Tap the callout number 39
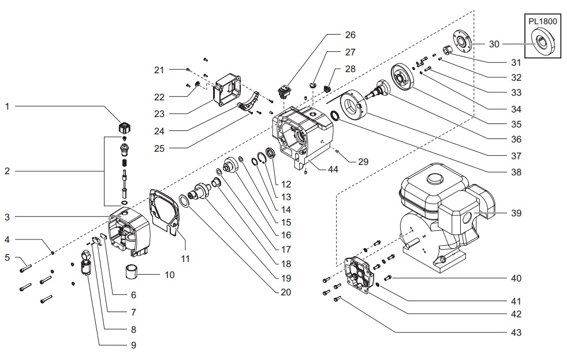coord(516,213)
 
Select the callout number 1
coord(6,107)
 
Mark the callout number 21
coord(159,70)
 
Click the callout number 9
coord(133,345)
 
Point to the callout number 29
coord(362,162)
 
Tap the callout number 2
coord(6,171)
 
